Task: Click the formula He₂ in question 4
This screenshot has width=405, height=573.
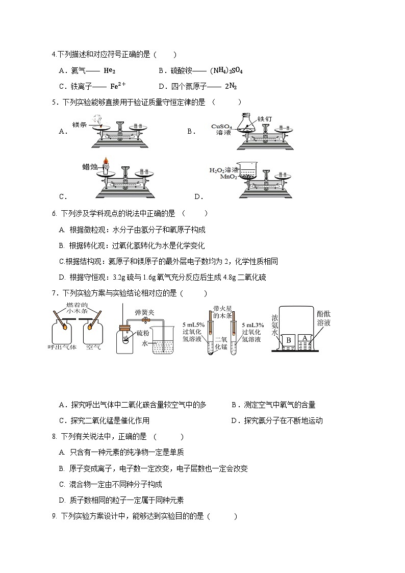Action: tap(109, 71)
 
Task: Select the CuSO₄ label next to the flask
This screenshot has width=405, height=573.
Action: tap(221, 127)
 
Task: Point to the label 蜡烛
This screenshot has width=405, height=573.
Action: tap(90, 166)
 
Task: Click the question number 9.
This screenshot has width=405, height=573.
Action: tap(54, 516)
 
